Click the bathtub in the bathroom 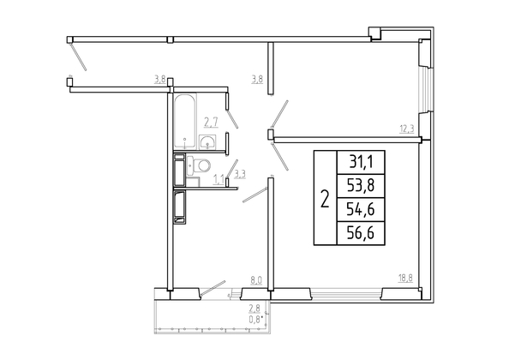[x=185, y=121]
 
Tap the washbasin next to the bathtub [x=207, y=142]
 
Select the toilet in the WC [x=199, y=165]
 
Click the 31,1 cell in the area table [x=361, y=162]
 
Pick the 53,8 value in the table [x=361, y=186]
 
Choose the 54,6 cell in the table [x=361, y=209]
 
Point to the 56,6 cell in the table [x=361, y=233]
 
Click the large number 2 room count [x=325, y=199]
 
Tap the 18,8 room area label [x=406, y=278]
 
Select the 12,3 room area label [x=407, y=129]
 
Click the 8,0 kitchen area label [x=256, y=280]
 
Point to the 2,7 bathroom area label [x=211, y=123]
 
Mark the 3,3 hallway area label [x=240, y=174]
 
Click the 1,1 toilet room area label [x=219, y=179]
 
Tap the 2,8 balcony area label [x=254, y=308]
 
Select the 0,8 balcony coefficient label [x=255, y=320]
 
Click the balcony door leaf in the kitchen [x=213, y=288]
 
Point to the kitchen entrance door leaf [x=254, y=195]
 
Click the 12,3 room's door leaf [x=279, y=114]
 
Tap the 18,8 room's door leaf [x=279, y=157]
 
